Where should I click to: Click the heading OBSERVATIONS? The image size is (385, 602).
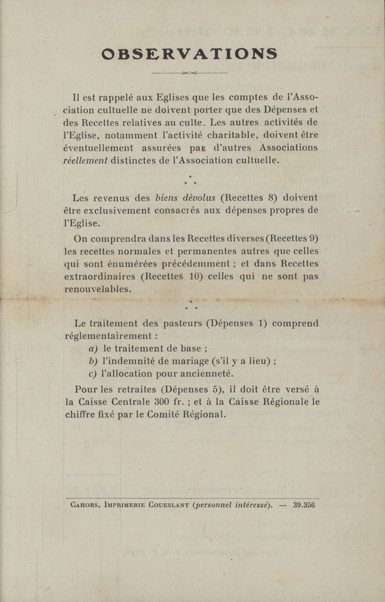coord(190,54)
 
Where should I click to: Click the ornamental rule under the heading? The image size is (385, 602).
coord(190,72)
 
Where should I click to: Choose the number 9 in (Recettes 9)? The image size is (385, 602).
coord(314,238)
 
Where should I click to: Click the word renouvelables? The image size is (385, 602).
coord(98,290)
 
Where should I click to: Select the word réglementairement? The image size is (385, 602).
coord(109,336)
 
